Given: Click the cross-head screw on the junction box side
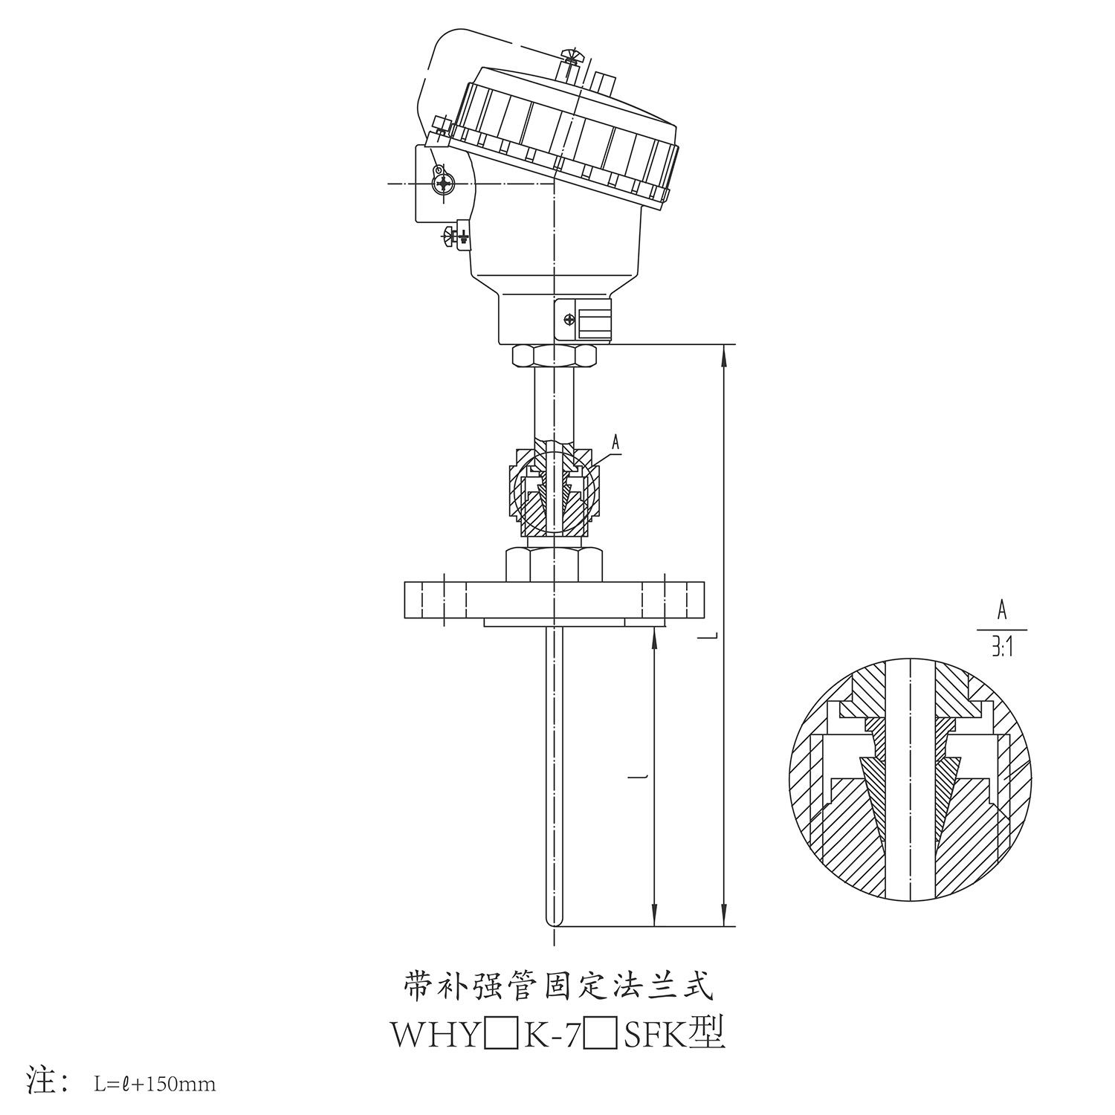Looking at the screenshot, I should point(444,183).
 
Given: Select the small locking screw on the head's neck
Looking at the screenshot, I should point(569,320).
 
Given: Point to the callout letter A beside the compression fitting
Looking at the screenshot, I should point(615,442).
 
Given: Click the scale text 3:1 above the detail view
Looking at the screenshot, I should point(1001,649).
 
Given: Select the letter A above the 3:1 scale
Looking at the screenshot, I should point(1001,612).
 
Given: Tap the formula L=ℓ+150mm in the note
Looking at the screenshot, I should point(155,1085).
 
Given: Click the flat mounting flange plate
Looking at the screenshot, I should point(554,600).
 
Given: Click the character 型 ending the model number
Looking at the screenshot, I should point(707,1035).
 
